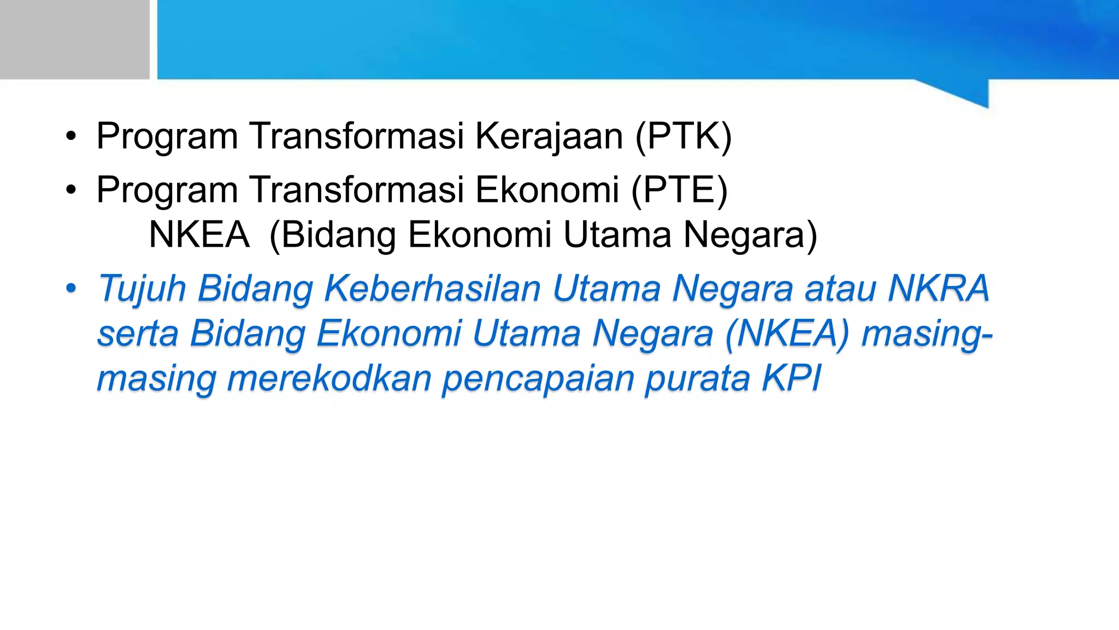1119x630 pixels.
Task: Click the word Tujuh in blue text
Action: click(x=142, y=288)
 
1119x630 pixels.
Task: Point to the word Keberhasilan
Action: click(x=432, y=288)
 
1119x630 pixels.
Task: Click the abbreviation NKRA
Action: click(x=938, y=288)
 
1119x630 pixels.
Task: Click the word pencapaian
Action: click(x=538, y=378)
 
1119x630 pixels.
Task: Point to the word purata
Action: click(x=697, y=378)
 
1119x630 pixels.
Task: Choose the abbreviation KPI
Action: click(x=792, y=378)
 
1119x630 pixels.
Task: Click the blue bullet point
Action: click(x=71, y=289)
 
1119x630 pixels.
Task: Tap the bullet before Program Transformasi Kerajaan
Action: click(x=71, y=137)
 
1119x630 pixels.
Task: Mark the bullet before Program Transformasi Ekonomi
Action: click(x=71, y=190)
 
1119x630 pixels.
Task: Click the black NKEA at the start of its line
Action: click(x=199, y=235)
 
